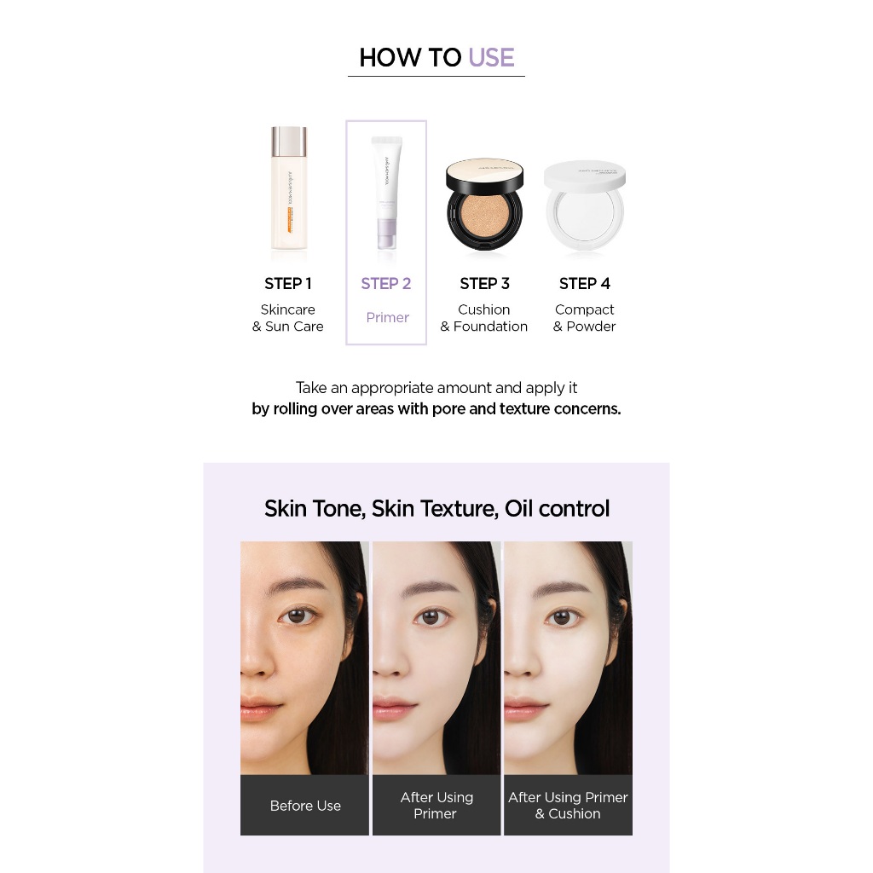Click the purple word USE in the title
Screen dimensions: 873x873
coord(491,57)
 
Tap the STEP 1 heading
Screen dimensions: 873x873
coord(288,283)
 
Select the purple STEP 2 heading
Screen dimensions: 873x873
coord(386,283)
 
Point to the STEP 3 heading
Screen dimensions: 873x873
coord(484,283)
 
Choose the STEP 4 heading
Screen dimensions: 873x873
coord(585,283)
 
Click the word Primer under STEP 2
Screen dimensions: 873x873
coord(388,317)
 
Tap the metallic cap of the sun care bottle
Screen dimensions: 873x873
coord(288,142)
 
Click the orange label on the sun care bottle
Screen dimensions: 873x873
coord(289,220)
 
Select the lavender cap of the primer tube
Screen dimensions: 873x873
coord(386,234)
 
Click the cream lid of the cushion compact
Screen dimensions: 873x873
coord(484,174)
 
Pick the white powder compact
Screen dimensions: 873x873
coord(585,206)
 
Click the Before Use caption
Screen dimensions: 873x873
coord(305,806)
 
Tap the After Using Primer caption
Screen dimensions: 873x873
coord(436,806)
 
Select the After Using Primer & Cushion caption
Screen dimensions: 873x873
coord(568,806)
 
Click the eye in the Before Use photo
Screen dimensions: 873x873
coord(298,616)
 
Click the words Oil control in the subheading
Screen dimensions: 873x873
coord(557,508)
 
